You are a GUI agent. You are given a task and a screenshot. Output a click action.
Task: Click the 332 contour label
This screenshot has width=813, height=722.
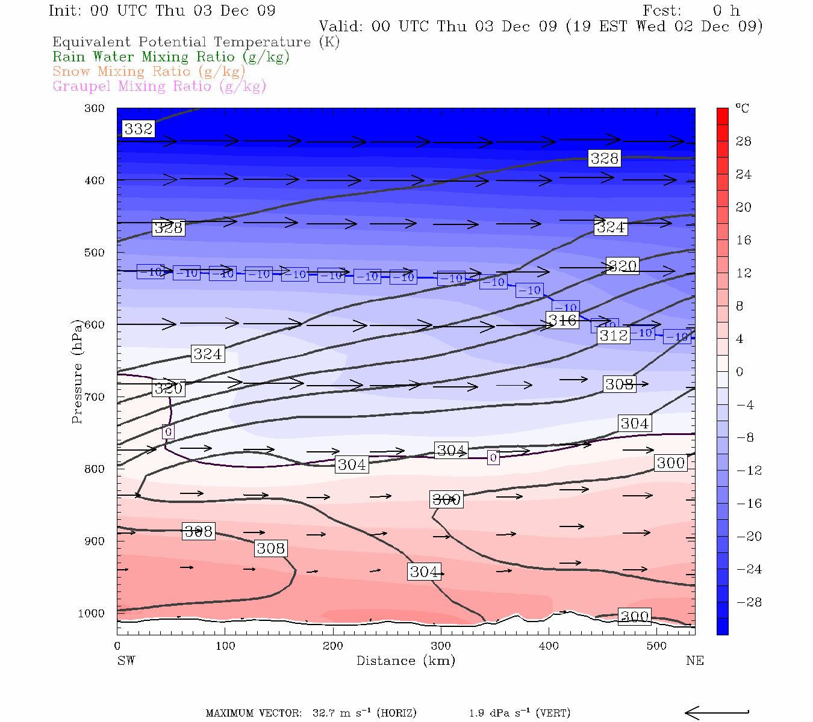(x=139, y=129)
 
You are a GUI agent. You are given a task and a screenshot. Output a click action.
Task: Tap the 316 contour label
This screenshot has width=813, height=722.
(x=562, y=320)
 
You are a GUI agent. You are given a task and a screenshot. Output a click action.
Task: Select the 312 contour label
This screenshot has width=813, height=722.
(x=614, y=335)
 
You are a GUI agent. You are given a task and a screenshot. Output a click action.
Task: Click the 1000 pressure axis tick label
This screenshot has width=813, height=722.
(x=92, y=614)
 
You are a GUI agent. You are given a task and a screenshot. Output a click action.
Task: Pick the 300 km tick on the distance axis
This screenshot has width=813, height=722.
(x=441, y=646)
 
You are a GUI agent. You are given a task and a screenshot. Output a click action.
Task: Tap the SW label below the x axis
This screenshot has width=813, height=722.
(x=126, y=661)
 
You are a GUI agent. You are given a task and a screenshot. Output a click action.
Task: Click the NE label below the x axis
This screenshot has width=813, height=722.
(x=695, y=661)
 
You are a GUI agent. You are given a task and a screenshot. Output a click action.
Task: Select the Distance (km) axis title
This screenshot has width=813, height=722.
(x=405, y=661)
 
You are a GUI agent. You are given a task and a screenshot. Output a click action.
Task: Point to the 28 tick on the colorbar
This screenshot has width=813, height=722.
(x=744, y=141)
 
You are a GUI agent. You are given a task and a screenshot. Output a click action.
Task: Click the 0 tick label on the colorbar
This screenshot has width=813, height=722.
(x=740, y=372)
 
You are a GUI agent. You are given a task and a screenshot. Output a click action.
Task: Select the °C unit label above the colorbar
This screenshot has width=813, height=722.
(x=743, y=108)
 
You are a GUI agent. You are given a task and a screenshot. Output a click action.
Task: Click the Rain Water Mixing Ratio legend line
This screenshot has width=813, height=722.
(x=171, y=57)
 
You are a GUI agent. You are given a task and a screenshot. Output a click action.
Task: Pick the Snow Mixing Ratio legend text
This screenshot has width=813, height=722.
(x=149, y=72)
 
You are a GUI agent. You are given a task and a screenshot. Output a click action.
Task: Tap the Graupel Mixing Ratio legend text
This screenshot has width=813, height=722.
(x=160, y=87)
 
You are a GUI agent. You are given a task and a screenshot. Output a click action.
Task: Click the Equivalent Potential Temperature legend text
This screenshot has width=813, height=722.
(x=196, y=42)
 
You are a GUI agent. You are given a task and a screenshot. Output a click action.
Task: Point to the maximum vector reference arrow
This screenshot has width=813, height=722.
(x=717, y=713)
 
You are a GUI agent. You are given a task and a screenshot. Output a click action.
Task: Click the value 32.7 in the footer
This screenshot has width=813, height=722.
(x=324, y=714)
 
